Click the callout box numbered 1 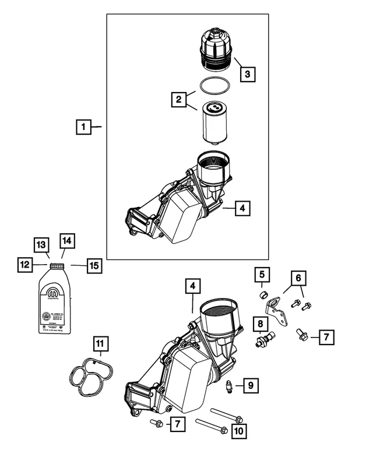(84, 126)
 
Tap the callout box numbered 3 (247, 74)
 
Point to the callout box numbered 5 (262, 274)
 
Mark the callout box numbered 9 (249, 385)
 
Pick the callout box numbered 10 (239, 431)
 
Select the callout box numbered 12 (24, 265)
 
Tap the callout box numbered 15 (94, 265)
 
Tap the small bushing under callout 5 (263, 294)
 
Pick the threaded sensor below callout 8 (264, 339)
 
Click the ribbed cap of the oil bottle (57, 266)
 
